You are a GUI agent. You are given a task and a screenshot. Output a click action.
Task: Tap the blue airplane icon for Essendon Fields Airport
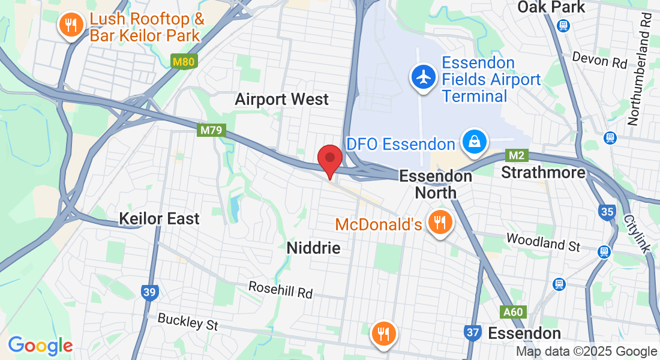pyautogui.click(x=424, y=78)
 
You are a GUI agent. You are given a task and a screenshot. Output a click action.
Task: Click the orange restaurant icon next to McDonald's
pyautogui.click(x=441, y=223)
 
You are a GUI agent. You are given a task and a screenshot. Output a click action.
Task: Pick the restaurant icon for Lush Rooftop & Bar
pyautogui.click(x=71, y=26)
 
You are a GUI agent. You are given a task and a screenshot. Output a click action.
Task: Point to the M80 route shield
pyautogui.click(x=184, y=62)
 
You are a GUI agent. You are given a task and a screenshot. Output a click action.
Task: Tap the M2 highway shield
pyautogui.click(x=517, y=155)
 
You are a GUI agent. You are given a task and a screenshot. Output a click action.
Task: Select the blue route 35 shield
pyautogui.click(x=607, y=211)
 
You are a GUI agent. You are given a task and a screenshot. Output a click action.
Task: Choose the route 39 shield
pyautogui.click(x=150, y=292)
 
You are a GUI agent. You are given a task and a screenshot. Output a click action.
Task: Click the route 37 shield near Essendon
pyautogui.click(x=473, y=332)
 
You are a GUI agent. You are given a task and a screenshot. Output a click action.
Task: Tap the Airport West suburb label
pyautogui.click(x=282, y=99)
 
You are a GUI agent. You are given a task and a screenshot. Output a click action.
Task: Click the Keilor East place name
pyautogui.click(x=159, y=218)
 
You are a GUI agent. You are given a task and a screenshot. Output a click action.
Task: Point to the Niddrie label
pyautogui.click(x=313, y=248)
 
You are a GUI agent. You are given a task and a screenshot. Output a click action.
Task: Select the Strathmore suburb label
pyautogui.click(x=543, y=173)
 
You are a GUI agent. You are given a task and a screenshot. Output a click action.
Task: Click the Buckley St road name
pyautogui.click(x=187, y=322)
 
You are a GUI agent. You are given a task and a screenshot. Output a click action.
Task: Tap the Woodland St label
pyautogui.click(x=544, y=242)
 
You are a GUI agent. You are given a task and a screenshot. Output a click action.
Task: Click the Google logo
pyautogui.click(x=40, y=346)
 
